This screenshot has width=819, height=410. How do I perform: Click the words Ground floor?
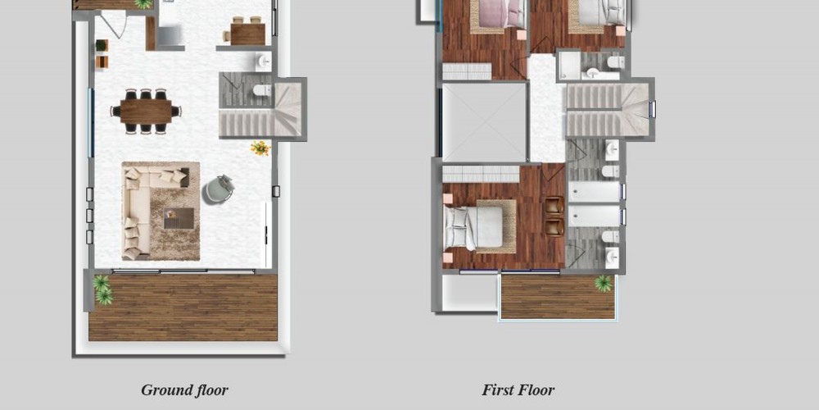[184, 390]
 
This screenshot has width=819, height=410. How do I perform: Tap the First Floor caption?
[518, 390]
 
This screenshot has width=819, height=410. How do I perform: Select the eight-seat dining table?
[146, 111]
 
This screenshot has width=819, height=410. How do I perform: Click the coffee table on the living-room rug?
[179, 218]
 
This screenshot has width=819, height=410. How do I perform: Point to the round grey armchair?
[218, 189]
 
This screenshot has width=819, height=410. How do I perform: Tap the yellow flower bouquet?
[260, 148]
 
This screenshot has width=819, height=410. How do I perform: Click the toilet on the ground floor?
[262, 90]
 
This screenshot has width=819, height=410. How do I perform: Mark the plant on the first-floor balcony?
[604, 284]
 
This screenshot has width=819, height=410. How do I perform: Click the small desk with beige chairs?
[247, 31]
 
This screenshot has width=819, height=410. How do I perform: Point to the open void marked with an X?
[484, 122]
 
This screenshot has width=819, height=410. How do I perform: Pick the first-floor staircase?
[608, 111]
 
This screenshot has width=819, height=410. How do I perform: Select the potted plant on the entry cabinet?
[102, 45]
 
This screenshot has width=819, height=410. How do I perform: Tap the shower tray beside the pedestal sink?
[569, 66]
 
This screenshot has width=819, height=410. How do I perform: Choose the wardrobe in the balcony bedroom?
[481, 174]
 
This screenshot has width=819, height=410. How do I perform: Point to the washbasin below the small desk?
[264, 61]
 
